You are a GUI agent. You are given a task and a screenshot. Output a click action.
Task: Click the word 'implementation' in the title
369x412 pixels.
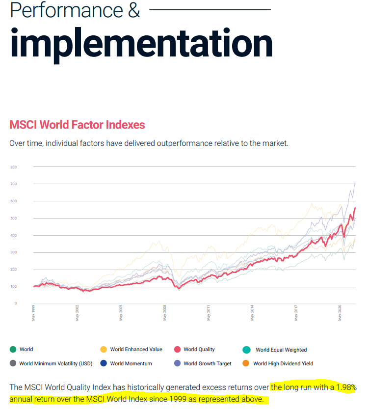141,43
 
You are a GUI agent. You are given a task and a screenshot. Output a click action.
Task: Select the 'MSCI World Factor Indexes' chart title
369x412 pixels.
77,125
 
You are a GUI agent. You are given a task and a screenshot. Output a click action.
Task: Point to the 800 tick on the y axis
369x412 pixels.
13,167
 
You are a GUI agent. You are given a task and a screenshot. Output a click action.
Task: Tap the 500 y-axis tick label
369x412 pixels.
13,218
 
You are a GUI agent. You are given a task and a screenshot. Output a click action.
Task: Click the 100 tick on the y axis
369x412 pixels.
13,286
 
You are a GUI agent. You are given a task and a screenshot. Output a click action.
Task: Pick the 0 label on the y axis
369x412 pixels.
15,303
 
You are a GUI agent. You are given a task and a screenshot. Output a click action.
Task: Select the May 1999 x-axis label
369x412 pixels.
33,313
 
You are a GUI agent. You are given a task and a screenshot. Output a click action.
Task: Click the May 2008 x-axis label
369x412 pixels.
165,313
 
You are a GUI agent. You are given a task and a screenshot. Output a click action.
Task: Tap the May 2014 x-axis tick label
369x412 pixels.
252,313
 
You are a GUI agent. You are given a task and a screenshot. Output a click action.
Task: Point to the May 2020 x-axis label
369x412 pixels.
340,313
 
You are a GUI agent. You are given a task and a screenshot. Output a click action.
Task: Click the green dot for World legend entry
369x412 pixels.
13,349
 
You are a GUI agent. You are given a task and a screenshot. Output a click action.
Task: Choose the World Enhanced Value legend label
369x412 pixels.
136,350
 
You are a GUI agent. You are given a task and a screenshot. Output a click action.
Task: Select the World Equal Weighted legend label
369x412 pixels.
281,350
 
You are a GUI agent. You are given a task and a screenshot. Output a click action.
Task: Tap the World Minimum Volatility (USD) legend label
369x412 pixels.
56,364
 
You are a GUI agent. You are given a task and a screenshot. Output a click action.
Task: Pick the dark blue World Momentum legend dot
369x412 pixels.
104,363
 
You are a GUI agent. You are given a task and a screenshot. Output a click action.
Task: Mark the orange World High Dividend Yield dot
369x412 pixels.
246,363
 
